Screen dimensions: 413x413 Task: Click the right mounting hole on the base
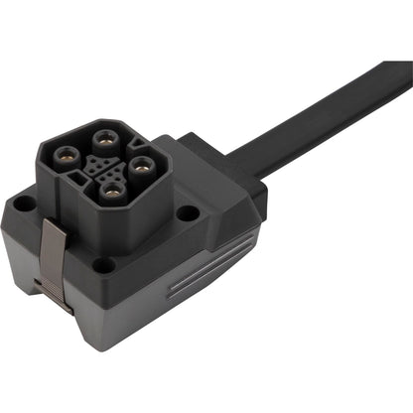187,211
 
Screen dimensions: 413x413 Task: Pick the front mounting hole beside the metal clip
102,265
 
